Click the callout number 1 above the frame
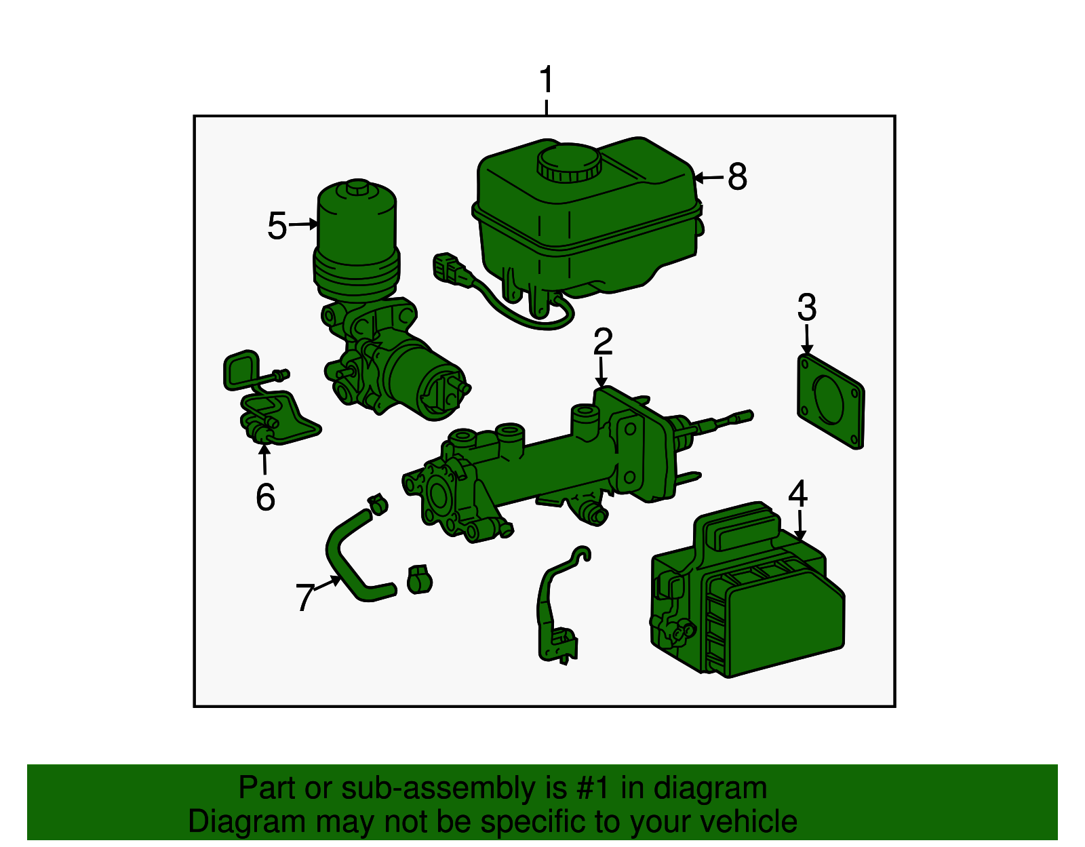pyautogui.click(x=547, y=79)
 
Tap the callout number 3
pyautogui.click(x=807, y=307)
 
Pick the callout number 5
pyautogui.click(x=277, y=226)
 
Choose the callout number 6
pyautogui.click(x=265, y=497)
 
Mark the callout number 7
pyautogui.click(x=305, y=597)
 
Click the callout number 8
pyautogui.click(x=738, y=177)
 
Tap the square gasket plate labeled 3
pyautogui.click(x=831, y=401)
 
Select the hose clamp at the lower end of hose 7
pyautogui.click(x=419, y=580)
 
